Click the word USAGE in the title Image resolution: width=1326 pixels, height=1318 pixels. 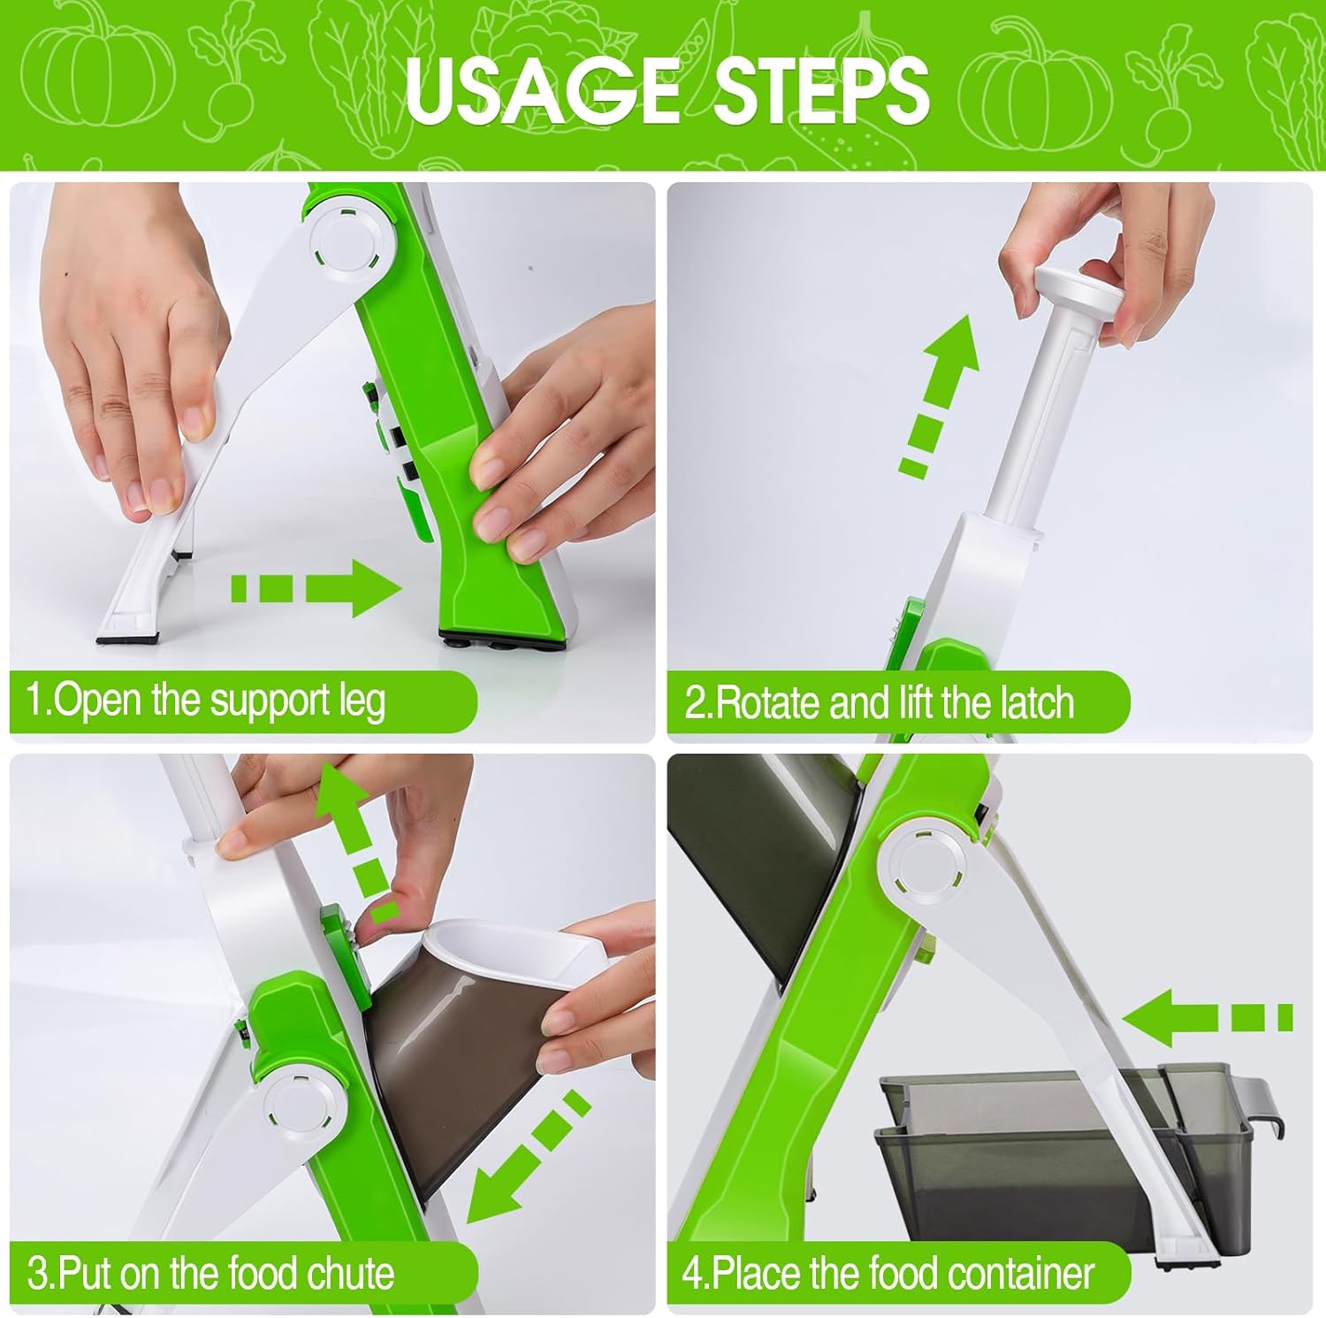[542, 89]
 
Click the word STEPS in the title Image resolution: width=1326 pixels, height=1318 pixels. [821, 89]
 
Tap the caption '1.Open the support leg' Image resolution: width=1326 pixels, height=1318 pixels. [206, 701]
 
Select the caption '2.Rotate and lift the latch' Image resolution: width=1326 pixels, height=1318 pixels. [880, 703]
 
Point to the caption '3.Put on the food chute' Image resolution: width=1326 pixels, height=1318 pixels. [210, 1274]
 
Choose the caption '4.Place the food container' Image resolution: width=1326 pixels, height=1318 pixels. [888, 1274]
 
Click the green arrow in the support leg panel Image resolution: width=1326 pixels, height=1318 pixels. [316, 587]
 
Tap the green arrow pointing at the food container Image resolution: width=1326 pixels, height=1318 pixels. [1208, 1017]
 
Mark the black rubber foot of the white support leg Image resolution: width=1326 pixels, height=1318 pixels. [129, 635]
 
